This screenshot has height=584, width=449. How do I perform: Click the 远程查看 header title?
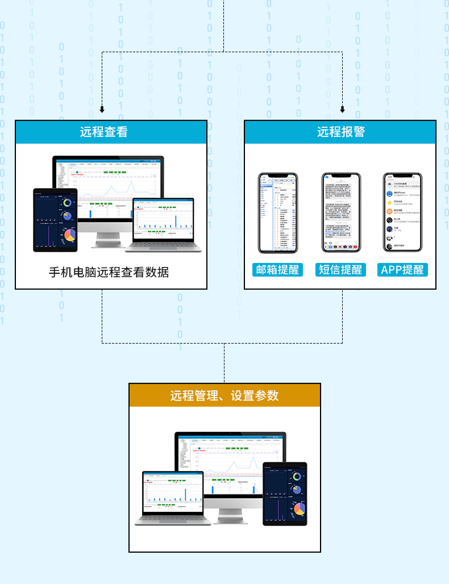click(104, 132)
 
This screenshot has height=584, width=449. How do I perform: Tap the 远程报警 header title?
click(341, 132)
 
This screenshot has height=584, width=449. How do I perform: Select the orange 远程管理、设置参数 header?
click(224, 395)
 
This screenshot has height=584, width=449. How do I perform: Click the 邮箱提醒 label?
click(277, 270)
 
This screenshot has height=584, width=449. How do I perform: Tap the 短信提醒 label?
click(340, 270)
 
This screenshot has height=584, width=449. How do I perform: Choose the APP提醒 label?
click(402, 270)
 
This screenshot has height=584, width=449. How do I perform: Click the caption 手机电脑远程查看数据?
click(109, 272)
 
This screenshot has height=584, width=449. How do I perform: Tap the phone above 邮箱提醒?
click(277, 212)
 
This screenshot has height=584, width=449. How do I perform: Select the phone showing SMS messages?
click(341, 212)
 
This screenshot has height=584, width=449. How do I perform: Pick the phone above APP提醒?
click(402, 212)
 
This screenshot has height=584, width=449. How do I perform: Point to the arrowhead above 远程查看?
click(102, 110)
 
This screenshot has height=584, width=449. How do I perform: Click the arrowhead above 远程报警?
click(342, 110)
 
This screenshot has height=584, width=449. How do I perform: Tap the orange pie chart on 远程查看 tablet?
click(70, 235)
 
